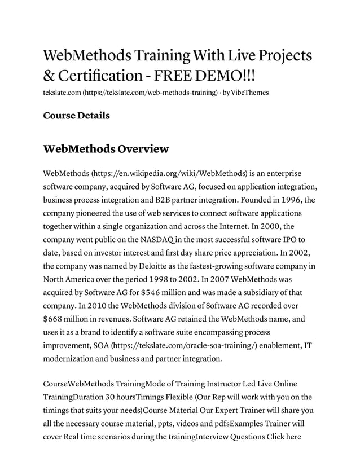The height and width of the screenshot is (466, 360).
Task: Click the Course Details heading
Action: click(x=76, y=115)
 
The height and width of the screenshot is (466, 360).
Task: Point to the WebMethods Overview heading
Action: click(x=106, y=149)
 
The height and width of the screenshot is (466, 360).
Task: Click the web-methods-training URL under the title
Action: click(x=151, y=91)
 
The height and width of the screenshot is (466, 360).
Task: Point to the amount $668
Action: click(x=55, y=319)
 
